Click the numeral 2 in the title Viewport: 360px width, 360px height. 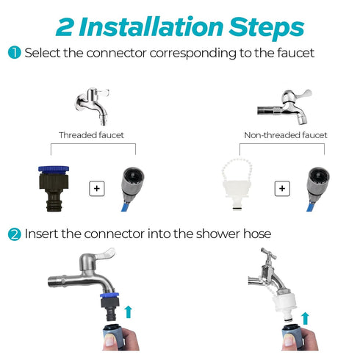coord(65,27)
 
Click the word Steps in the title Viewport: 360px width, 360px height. coord(267,29)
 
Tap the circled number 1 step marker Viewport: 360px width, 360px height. coord(15,53)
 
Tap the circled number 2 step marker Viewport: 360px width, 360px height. coord(15,234)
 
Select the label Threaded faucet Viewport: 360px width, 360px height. coord(91,135)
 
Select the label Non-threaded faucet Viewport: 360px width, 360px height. coord(286,135)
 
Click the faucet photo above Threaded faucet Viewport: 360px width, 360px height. coord(93,107)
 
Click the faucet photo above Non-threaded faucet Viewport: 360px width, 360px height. coord(284,107)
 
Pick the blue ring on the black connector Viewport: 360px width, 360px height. coord(54,169)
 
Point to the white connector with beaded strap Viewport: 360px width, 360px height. coord(237,184)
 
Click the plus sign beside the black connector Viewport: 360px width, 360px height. coord(97,189)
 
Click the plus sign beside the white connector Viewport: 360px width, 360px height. coord(282,189)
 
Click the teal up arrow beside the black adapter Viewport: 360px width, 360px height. coord(129,312)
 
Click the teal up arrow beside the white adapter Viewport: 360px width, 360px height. coord(305,318)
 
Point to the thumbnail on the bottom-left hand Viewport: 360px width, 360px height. coord(109,340)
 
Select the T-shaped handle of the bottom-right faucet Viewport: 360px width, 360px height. coord(268,253)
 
